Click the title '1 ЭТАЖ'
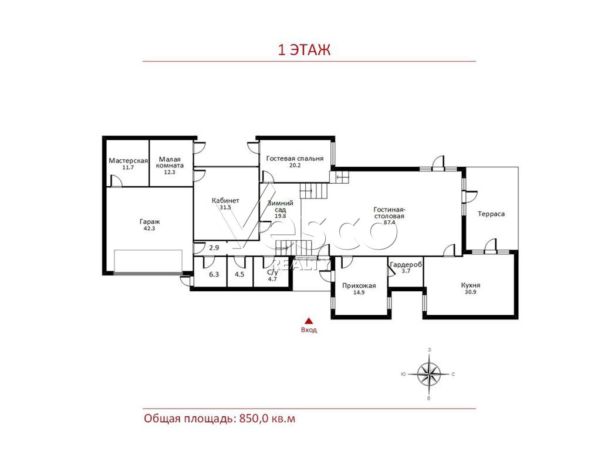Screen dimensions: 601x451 (x=304, y=50)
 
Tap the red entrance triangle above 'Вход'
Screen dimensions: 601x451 (x=309, y=321)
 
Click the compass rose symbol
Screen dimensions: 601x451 (x=429, y=374)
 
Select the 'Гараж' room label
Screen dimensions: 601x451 (x=150, y=221)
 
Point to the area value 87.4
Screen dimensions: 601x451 (x=389, y=223)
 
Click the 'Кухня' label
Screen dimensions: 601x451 (x=471, y=285)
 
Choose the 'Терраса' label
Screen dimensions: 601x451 (x=491, y=214)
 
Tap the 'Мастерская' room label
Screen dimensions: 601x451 (x=128, y=161)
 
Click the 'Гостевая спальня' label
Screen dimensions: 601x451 (x=295, y=159)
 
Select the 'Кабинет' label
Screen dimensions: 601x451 (x=225, y=201)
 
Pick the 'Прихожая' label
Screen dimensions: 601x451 (x=359, y=286)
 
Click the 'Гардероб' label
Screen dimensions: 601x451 (x=406, y=265)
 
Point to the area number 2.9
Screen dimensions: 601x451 (x=214, y=248)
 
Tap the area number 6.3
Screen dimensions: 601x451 (x=214, y=274)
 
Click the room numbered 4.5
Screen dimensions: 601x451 (x=239, y=274)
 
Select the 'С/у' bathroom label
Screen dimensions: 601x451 (x=272, y=272)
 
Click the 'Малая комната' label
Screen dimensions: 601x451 (x=170, y=162)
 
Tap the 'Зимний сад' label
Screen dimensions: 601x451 (x=280, y=206)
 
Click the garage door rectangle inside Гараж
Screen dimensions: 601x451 (x=148, y=261)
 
